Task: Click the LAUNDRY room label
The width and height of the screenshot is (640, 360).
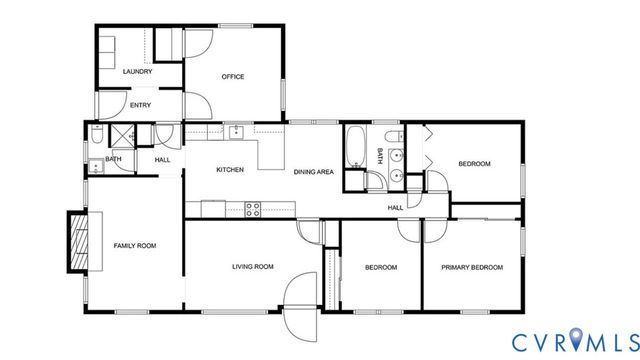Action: pos(137,72)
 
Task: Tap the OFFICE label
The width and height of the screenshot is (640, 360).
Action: pos(233,77)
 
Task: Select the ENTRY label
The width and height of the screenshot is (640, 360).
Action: pos(141,104)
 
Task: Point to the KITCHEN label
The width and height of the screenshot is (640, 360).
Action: pos(230,169)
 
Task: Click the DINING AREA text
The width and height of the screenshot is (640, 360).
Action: pos(313,172)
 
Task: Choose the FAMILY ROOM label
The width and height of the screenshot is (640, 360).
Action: pos(134,245)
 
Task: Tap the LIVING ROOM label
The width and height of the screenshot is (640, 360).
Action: pos(253,267)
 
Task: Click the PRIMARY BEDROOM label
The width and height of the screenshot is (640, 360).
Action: pos(472,267)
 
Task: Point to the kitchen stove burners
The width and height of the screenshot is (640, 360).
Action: pos(253,208)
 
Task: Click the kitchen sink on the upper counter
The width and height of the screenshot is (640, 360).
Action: pos(237,132)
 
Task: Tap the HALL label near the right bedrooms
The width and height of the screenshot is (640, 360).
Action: pos(396,207)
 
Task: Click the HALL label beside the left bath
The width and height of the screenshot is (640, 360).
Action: pos(162,159)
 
